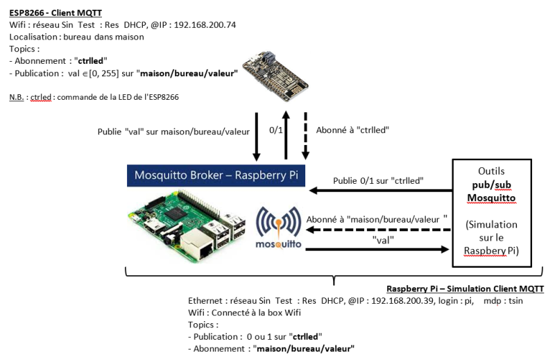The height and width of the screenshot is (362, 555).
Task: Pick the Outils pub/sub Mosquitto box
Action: [x=492, y=212]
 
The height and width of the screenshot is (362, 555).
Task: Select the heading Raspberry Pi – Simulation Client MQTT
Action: [x=465, y=288]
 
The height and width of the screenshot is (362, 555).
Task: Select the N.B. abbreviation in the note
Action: [x=17, y=96]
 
